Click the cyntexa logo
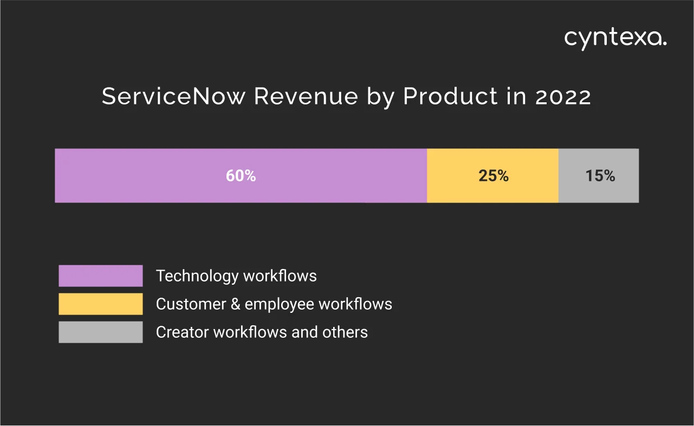tap(615, 38)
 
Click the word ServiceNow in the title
tap(174, 97)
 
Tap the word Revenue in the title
tap(306, 97)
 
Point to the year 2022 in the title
tap(563, 97)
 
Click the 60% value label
tap(241, 176)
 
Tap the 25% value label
tap(494, 176)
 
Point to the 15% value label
tap(600, 176)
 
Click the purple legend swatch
tap(101, 276)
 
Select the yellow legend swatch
tap(101, 304)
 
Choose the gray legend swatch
tap(101, 332)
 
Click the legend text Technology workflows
tap(236, 276)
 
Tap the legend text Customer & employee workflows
tap(274, 304)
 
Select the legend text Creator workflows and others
tap(262, 332)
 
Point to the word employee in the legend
tap(280, 304)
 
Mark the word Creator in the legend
tap(183, 332)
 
